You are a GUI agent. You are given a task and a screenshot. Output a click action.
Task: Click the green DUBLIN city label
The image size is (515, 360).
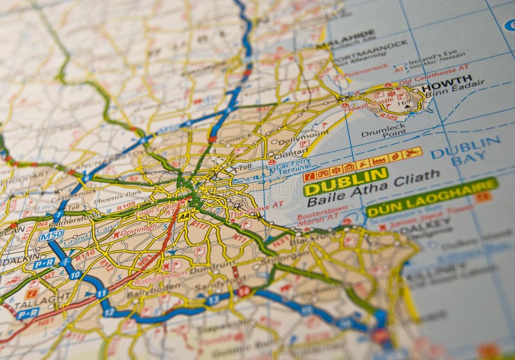click(x=346, y=181)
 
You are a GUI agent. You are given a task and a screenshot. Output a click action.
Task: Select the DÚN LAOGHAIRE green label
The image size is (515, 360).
click(x=431, y=196)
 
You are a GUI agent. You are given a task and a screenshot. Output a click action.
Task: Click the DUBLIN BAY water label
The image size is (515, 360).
click(x=466, y=151)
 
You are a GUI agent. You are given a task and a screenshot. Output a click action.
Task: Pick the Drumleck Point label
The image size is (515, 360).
click(x=383, y=130)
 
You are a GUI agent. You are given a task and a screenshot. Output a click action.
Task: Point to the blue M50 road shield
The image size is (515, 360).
click(x=50, y=235)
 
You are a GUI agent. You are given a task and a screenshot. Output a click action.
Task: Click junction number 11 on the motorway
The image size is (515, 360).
click(x=101, y=294)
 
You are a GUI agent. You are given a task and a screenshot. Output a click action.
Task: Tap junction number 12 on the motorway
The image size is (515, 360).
click(x=109, y=312)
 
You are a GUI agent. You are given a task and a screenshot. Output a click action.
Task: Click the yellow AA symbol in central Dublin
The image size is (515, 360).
click(x=184, y=217)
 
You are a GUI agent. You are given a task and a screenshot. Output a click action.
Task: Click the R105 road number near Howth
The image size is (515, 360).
click(x=388, y=117)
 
